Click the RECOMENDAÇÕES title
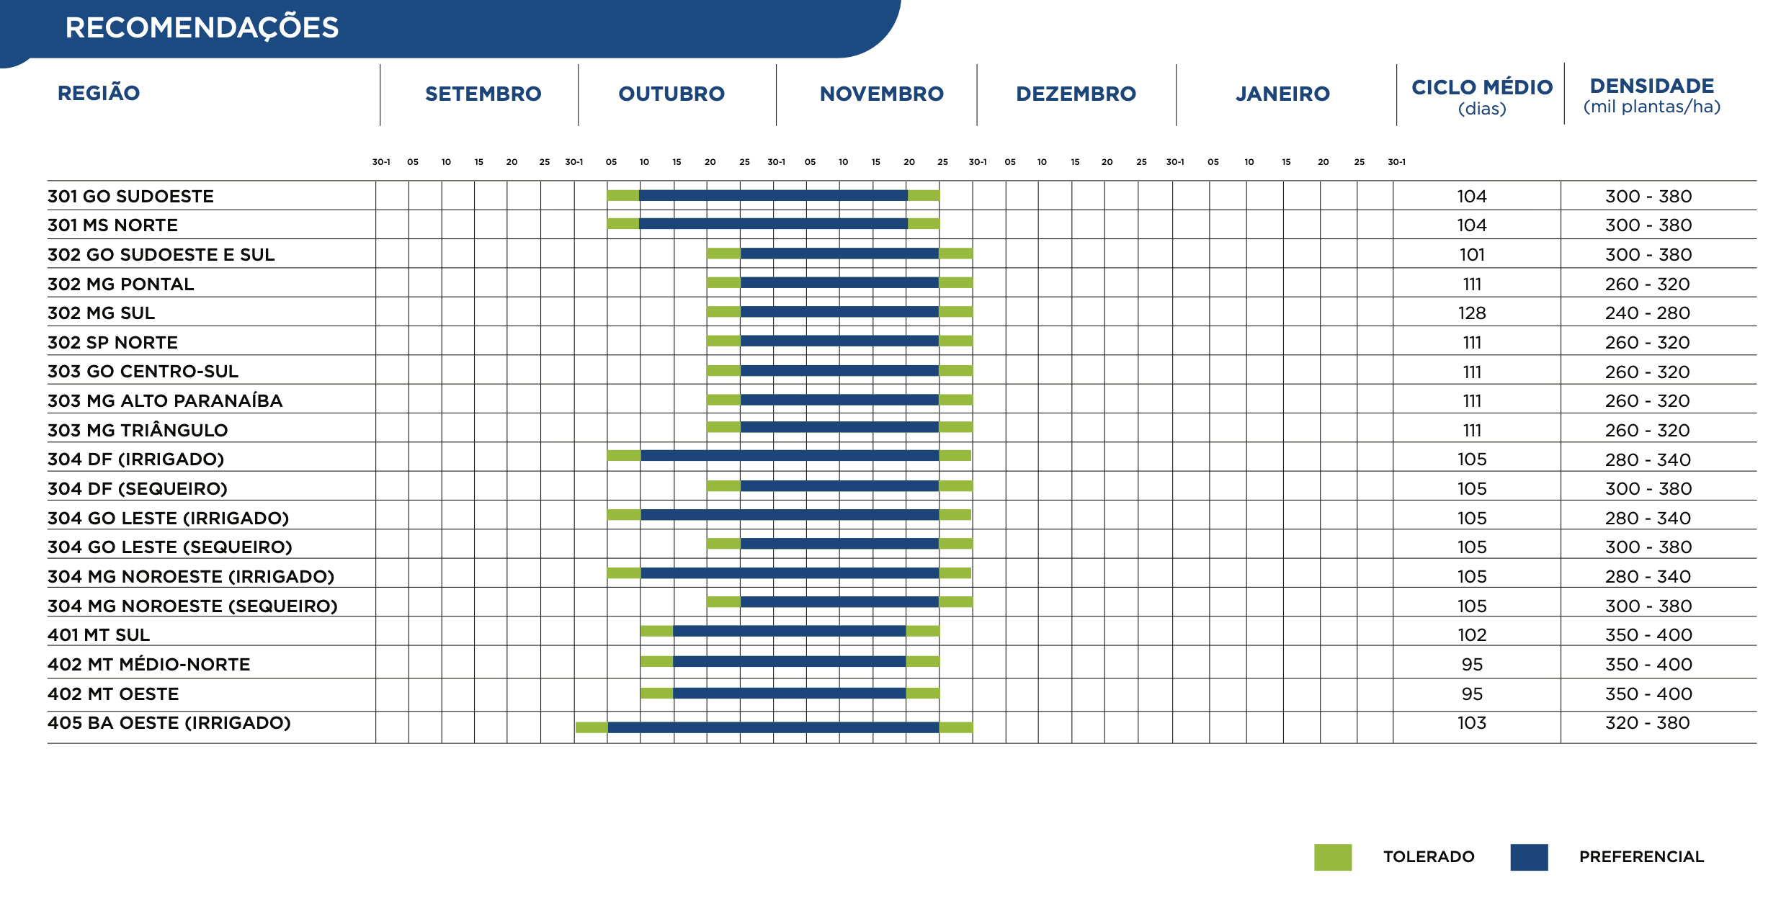click(x=202, y=27)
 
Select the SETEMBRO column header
click(x=483, y=94)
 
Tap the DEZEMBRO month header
click(x=1076, y=94)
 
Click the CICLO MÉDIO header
click(x=1482, y=88)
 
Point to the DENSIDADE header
click(x=1651, y=86)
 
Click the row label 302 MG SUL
click(x=101, y=313)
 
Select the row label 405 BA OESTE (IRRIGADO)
click(x=169, y=723)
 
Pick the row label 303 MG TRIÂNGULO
click(x=138, y=430)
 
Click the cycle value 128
click(x=1472, y=313)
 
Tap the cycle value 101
click(x=1472, y=255)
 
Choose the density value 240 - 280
click(x=1648, y=313)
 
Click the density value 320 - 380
click(x=1648, y=723)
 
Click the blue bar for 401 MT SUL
click(x=789, y=631)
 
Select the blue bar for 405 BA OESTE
click(x=773, y=727)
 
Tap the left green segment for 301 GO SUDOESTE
click(x=623, y=195)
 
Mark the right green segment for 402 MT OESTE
click(x=922, y=693)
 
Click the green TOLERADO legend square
click(x=1333, y=857)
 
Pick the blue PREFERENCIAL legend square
click(x=1529, y=857)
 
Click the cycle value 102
click(x=1472, y=635)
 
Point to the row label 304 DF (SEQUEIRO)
click(x=138, y=489)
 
